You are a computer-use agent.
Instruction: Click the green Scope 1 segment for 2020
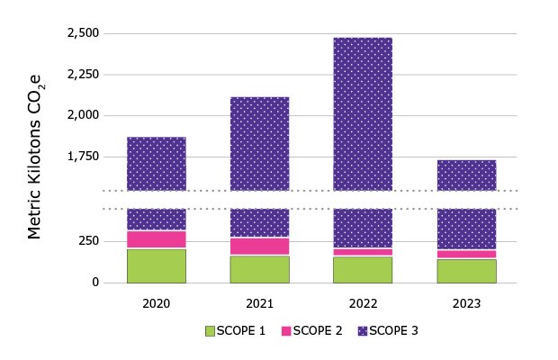[156, 265]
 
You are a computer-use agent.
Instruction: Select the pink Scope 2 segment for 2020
[156, 239]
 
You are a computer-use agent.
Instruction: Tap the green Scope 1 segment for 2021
[259, 269]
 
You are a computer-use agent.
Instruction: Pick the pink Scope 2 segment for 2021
[259, 247]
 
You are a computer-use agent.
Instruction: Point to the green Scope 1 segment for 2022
[363, 270]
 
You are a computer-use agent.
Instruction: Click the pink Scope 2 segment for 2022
[363, 252]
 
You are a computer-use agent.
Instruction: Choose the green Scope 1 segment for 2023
[466, 271]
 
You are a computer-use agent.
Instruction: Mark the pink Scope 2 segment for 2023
[466, 254]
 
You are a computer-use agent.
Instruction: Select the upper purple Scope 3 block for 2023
[466, 175]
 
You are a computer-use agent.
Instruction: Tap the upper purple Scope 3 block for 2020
[156, 164]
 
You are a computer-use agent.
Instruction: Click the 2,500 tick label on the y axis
[83, 33]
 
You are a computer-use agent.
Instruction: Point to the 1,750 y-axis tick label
[83, 157]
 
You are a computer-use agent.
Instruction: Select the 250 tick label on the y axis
[88, 241]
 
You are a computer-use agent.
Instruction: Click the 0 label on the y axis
[95, 283]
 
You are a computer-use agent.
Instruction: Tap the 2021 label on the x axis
[259, 303]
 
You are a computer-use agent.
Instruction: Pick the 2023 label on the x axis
[466, 303]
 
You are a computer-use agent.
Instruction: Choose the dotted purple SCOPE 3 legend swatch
[365, 331]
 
